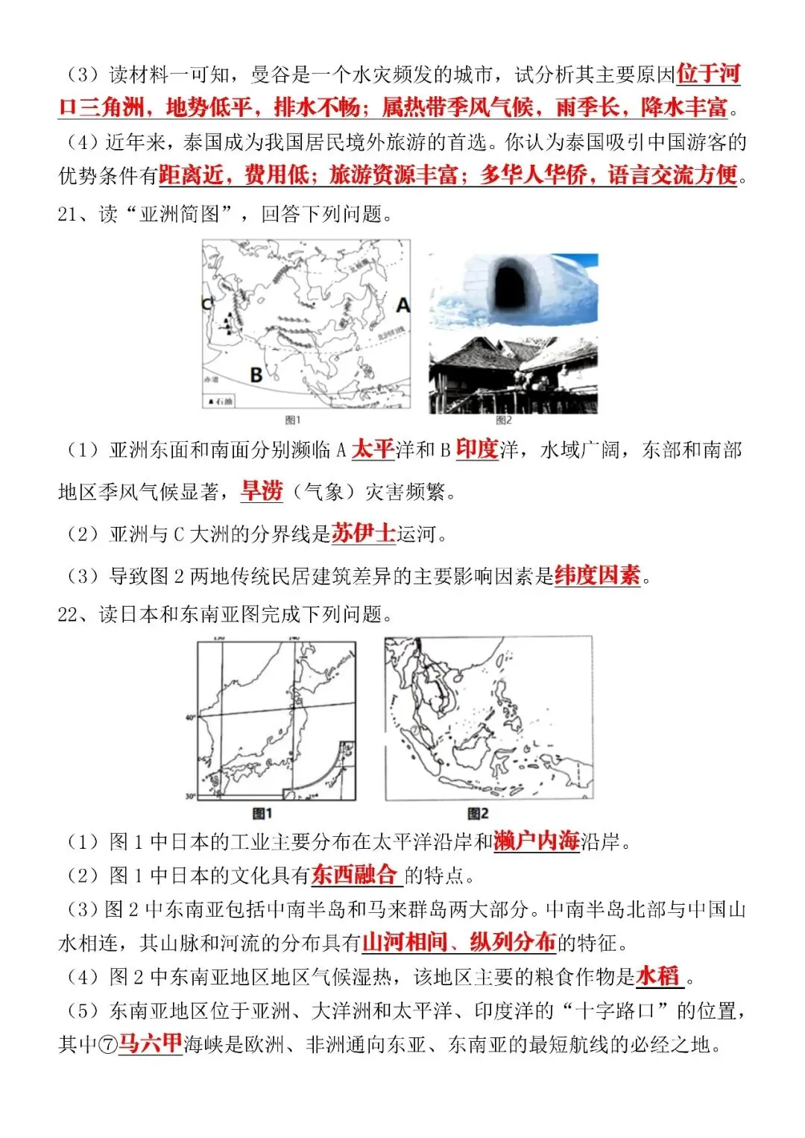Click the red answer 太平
point(373,449)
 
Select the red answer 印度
point(476,449)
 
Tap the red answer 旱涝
point(262,491)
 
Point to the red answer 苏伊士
point(363,534)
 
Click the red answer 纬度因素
point(597,575)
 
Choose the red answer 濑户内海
point(536,841)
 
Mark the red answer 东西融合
point(355,875)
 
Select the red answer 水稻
point(658,976)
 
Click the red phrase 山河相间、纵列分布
point(459,943)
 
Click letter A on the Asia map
point(402,306)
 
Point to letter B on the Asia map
point(256,375)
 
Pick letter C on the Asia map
point(207,303)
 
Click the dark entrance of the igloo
point(511,287)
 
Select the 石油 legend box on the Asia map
point(220,402)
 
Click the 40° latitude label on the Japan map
point(190,717)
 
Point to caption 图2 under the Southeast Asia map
point(478,813)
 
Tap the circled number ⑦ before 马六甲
point(108,1045)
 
